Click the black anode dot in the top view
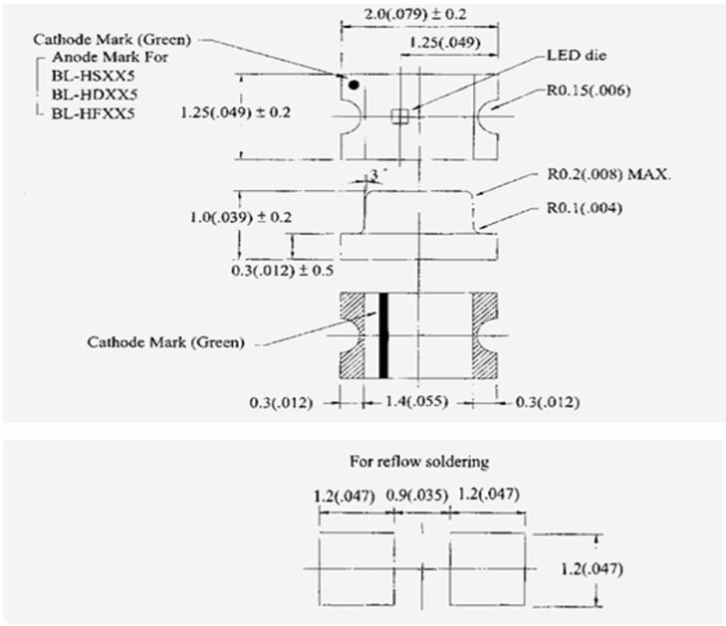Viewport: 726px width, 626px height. (x=354, y=85)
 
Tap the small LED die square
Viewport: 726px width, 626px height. (x=399, y=116)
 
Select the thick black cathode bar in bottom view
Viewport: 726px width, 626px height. (x=383, y=335)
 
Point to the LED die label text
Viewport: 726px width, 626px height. (x=577, y=56)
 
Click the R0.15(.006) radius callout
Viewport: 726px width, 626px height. (x=589, y=91)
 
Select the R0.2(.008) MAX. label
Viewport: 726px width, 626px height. (x=608, y=175)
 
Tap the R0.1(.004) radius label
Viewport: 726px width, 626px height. (x=585, y=208)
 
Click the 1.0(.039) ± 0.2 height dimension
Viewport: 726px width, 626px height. (x=241, y=217)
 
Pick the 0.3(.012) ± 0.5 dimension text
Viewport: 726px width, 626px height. (x=283, y=270)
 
